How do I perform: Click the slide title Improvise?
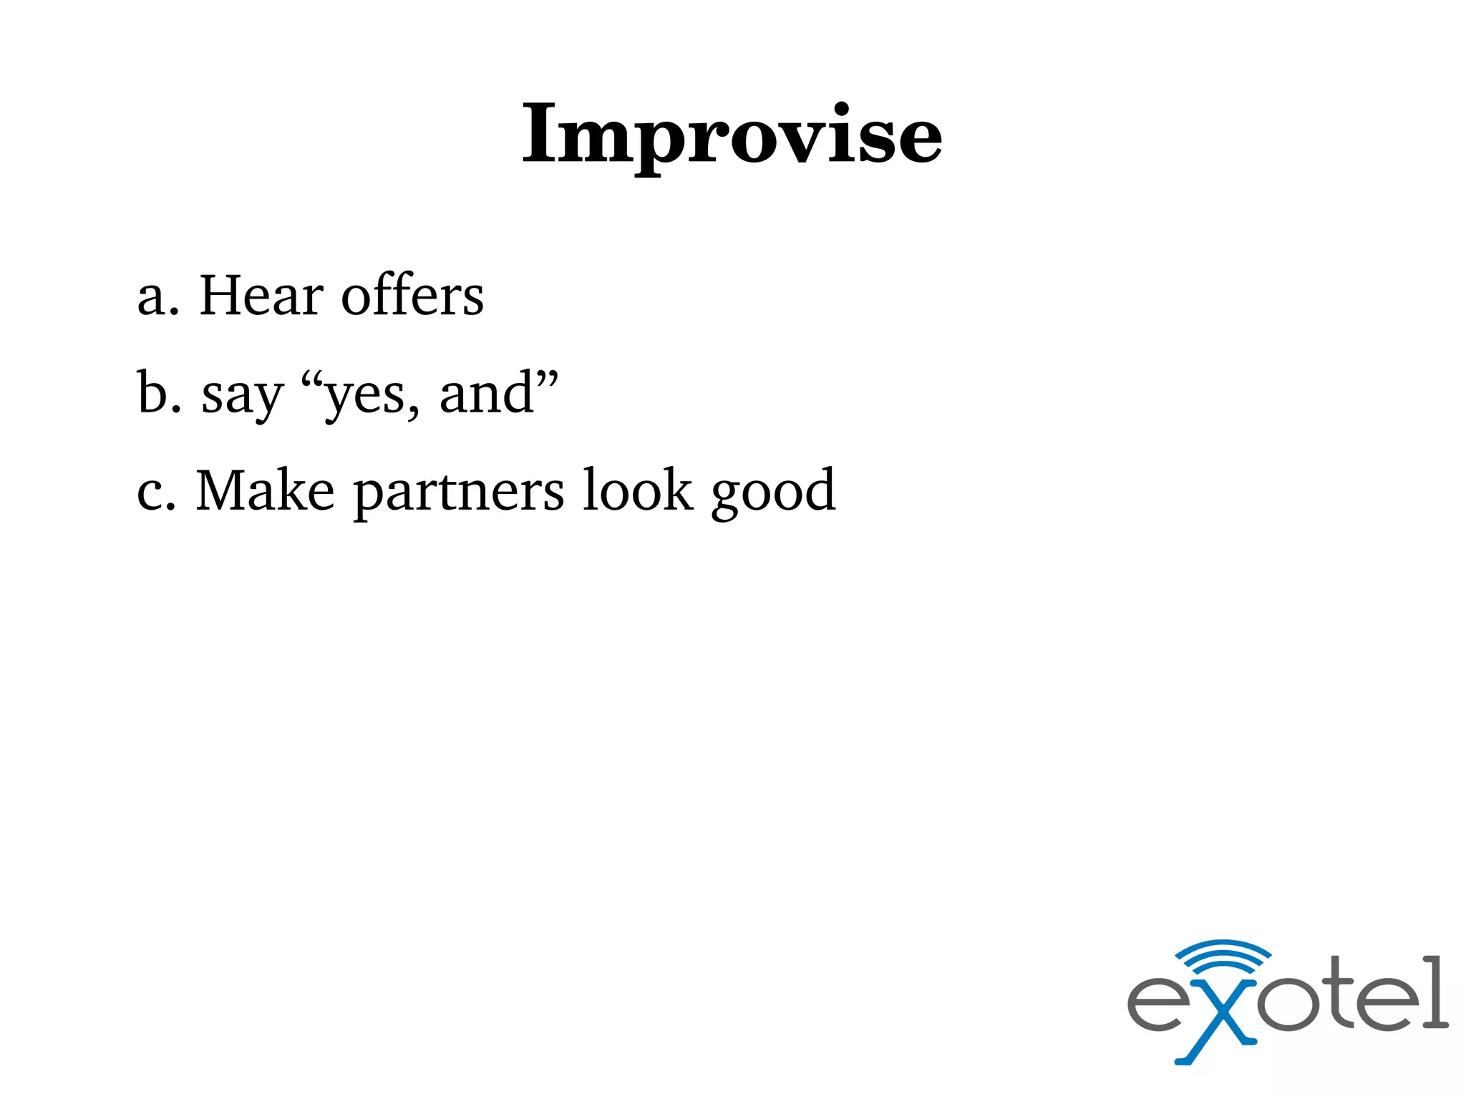pyautogui.click(x=732, y=135)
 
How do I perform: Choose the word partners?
pyautogui.click(x=459, y=494)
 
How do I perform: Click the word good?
pyautogui.click(x=773, y=494)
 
